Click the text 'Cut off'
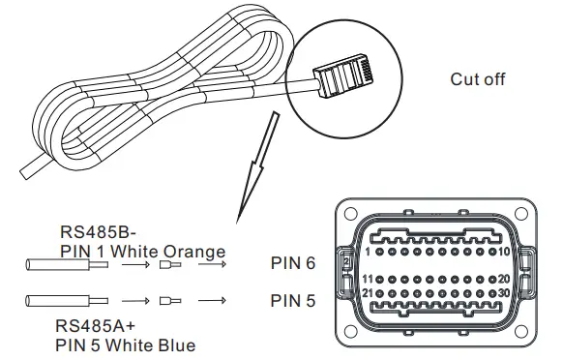point(479,79)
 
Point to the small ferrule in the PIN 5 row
point(170,301)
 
